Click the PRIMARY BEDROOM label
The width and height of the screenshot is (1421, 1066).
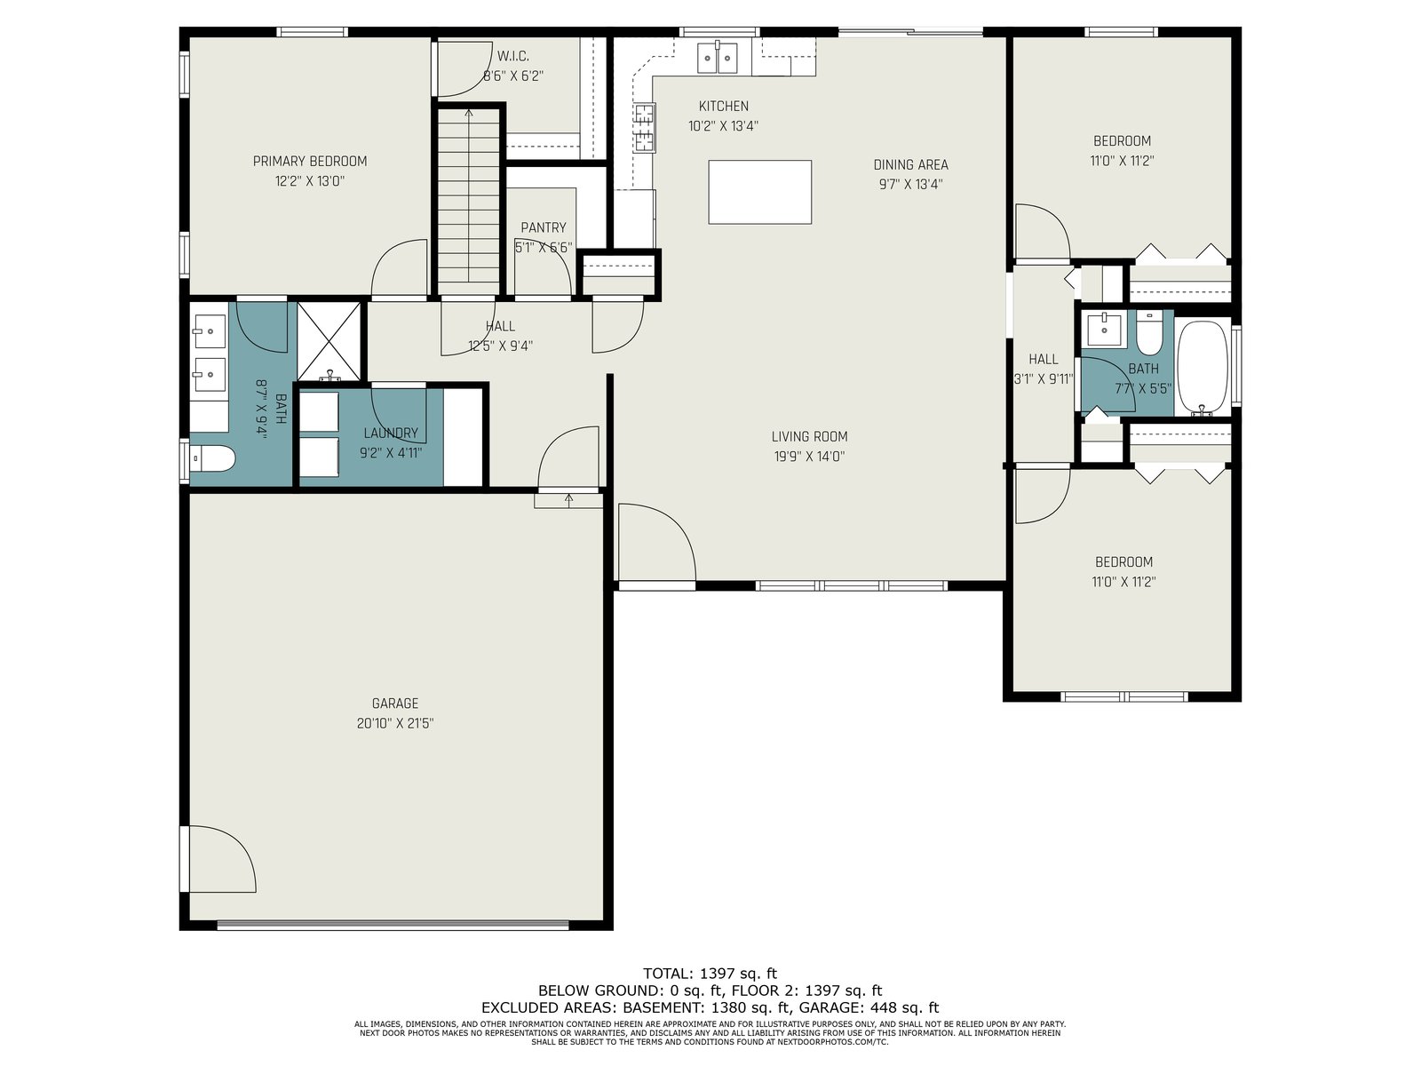pos(309,161)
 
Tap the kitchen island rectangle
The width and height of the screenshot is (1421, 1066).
pos(759,192)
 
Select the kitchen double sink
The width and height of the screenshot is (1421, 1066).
pos(718,59)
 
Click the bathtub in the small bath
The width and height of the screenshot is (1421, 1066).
pos(1203,369)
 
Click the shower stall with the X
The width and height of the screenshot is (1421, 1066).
pos(329,341)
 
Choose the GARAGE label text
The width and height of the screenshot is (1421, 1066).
pos(395,703)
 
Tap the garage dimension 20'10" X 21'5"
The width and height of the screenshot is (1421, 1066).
pos(395,723)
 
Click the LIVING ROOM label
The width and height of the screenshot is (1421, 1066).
pos(809,437)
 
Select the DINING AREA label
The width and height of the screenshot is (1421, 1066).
pos(910,165)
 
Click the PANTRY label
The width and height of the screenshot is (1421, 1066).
pos(544,227)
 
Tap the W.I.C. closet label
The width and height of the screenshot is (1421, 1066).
pos(512,56)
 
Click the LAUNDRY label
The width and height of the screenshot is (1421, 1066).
pos(391,433)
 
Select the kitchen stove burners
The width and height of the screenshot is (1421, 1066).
pos(645,128)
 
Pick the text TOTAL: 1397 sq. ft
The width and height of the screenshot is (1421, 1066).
pos(710,974)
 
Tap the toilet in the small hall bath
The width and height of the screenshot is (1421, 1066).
pos(1149,333)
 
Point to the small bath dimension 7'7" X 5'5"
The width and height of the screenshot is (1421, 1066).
pos(1143,389)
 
